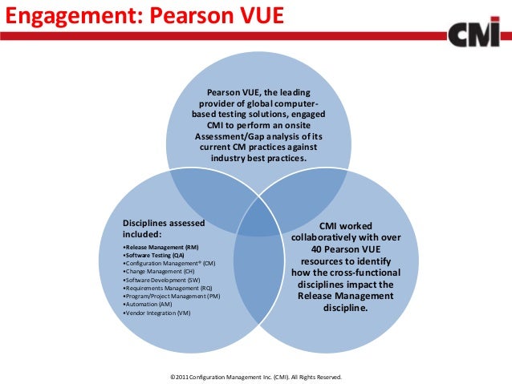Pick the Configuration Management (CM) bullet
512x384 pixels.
(169, 263)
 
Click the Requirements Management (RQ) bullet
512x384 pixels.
(168, 289)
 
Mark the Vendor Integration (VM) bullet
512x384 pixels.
(158, 313)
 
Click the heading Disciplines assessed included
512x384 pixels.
(163, 228)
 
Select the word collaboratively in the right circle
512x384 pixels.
(327, 238)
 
